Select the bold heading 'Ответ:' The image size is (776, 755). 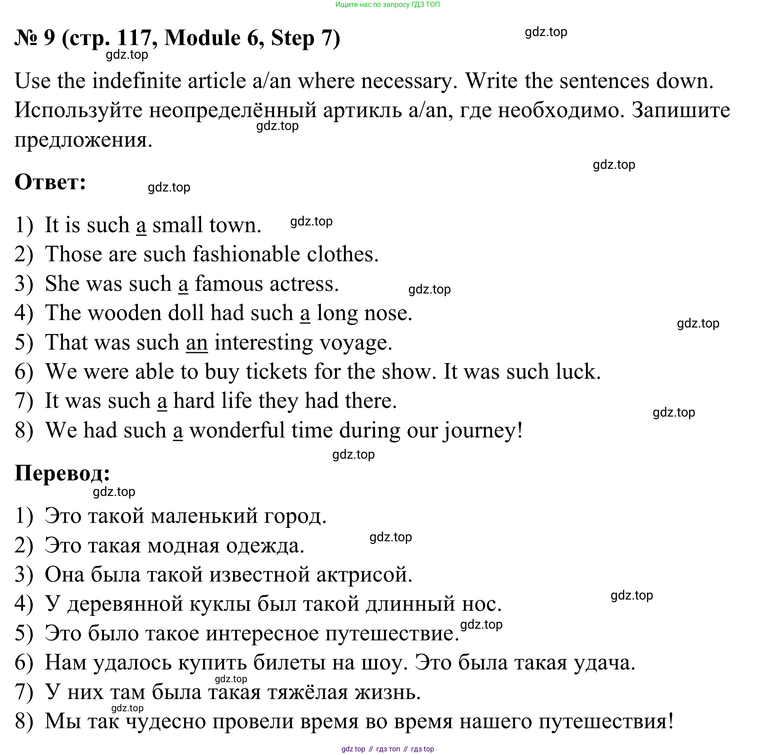coord(50,182)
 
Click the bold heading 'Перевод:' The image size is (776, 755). coord(62,472)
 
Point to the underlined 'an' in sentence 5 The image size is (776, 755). coord(197,343)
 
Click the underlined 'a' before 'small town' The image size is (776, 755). coord(141,226)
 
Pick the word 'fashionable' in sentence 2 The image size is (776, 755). coord(246,255)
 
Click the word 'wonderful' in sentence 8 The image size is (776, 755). coord(237,430)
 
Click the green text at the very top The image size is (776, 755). coord(387,5)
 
